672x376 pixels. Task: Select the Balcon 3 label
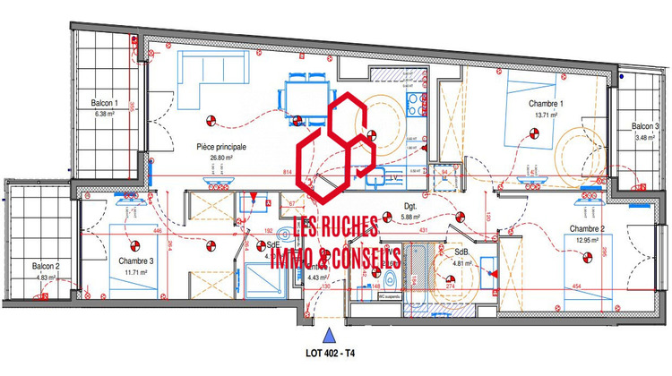[644, 126]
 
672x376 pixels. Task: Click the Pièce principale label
[221, 147]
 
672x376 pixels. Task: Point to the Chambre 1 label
[546, 104]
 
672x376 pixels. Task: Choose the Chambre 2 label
[588, 229]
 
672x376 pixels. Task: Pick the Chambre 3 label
[135, 261]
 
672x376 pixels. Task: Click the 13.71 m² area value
[546, 115]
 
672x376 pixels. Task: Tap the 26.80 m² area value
[221, 158]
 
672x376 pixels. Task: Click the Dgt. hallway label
[410, 205]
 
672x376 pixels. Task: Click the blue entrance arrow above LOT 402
[330, 335]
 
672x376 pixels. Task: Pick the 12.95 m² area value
[588, 240]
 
